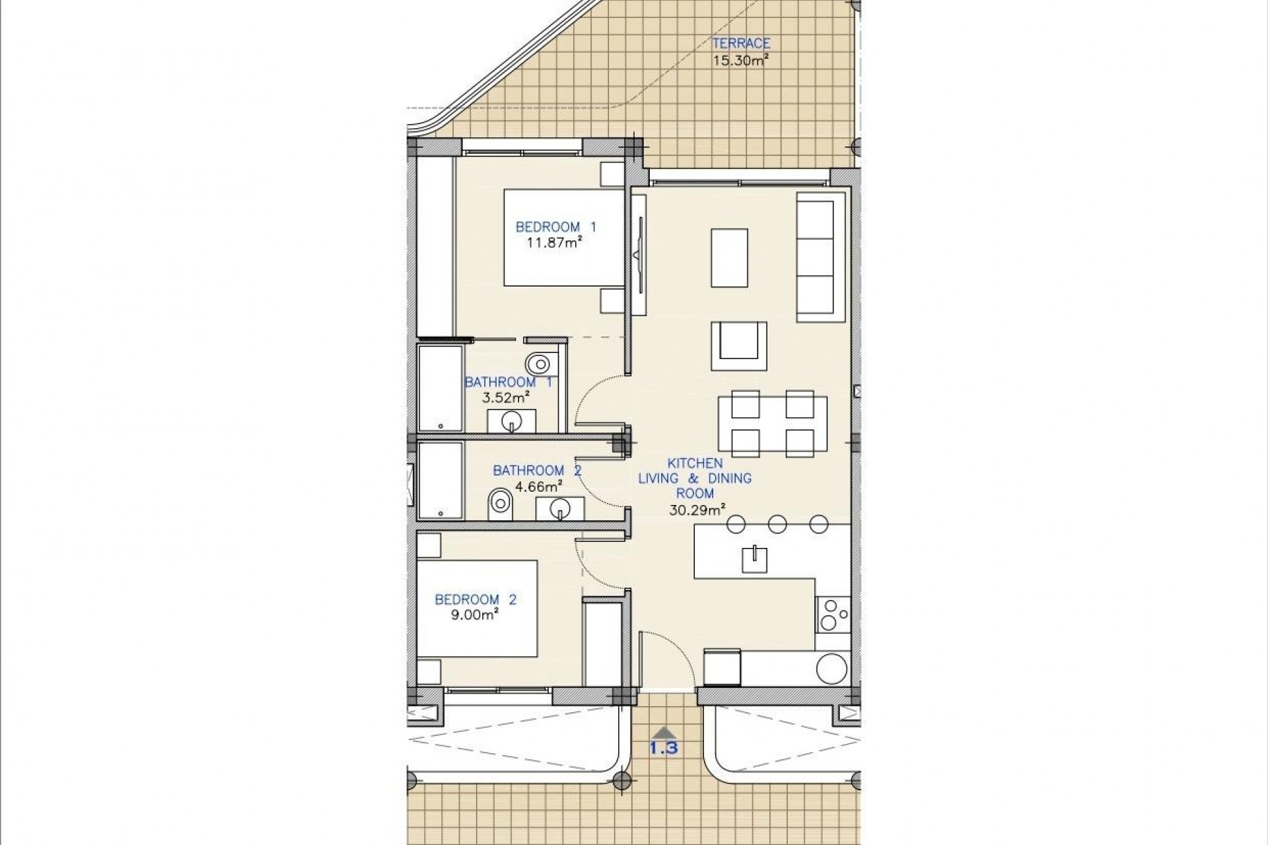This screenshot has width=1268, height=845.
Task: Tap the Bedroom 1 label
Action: (x=555, y=227)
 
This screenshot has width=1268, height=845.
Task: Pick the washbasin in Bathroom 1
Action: (x=511, y=421)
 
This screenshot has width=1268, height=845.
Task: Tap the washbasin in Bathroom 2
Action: (x=560, y=509)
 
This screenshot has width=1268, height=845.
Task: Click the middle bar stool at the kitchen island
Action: (x=777, y=524)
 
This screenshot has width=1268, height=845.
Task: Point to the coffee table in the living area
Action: (x=729, y=257)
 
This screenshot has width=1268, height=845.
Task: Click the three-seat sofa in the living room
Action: (x=820, y=257)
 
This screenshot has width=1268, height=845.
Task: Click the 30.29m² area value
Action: (x=695, y=508)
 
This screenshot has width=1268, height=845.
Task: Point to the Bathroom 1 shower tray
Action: (x=439, y=388)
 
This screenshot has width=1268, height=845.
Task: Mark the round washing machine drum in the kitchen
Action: (x=831, y=668)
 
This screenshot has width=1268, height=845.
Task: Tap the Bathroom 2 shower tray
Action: (x=440, y=481)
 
